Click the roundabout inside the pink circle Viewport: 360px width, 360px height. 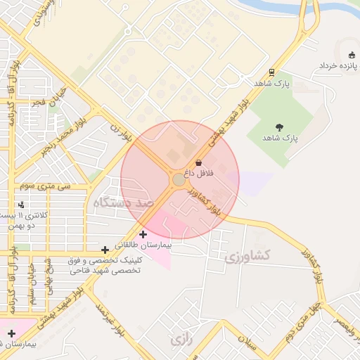(x=179, y=181)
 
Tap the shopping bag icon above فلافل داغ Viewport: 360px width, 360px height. (x=199, y=162)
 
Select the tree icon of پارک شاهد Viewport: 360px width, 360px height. (x=280, y=127)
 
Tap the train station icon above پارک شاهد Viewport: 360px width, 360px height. (x=271, y=72)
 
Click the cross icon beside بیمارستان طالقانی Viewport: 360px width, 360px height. (x=143, y=234)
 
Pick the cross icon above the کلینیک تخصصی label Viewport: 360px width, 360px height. (x=105, y=250)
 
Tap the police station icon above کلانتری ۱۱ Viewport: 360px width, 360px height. (x=22, y=205)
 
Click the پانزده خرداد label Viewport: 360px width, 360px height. (x=340, y=65)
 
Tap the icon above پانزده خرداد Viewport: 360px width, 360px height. (x=352, y=55)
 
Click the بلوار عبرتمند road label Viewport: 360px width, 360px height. (x=112, y=321)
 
